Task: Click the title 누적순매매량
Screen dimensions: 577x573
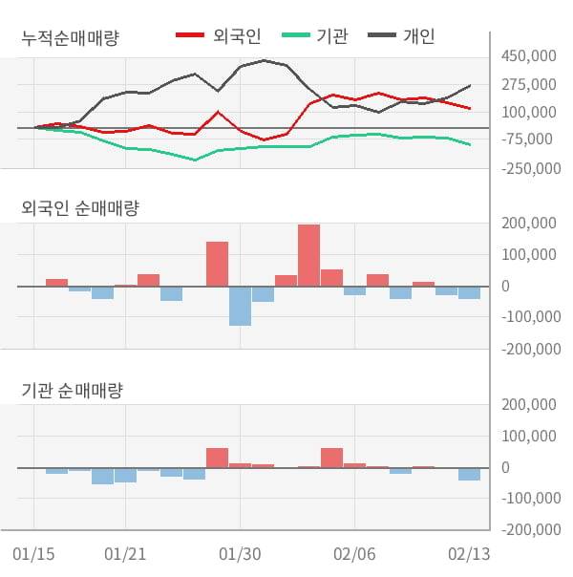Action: coord(76,38)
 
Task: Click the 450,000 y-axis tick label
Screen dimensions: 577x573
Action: coord(528,56)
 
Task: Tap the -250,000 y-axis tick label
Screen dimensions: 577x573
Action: coord(528,168)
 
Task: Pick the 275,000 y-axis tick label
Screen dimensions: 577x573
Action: coord(528,84)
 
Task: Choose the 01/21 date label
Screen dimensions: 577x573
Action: coord(125,554)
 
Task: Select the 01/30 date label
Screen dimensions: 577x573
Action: coord(240,554)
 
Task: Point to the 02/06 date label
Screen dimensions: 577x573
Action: coord(354,554)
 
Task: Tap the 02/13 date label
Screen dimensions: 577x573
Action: coord(469,554)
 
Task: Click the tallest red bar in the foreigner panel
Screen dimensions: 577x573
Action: coord(308,255)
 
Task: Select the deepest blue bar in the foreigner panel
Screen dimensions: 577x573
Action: coord(240,306)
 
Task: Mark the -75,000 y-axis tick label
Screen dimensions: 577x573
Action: coord(528,139)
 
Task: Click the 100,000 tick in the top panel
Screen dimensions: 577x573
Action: coord(528,112)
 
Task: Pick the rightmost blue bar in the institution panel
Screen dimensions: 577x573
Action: coord(469,474)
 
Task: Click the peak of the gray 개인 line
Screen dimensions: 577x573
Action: coord(264,60)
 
